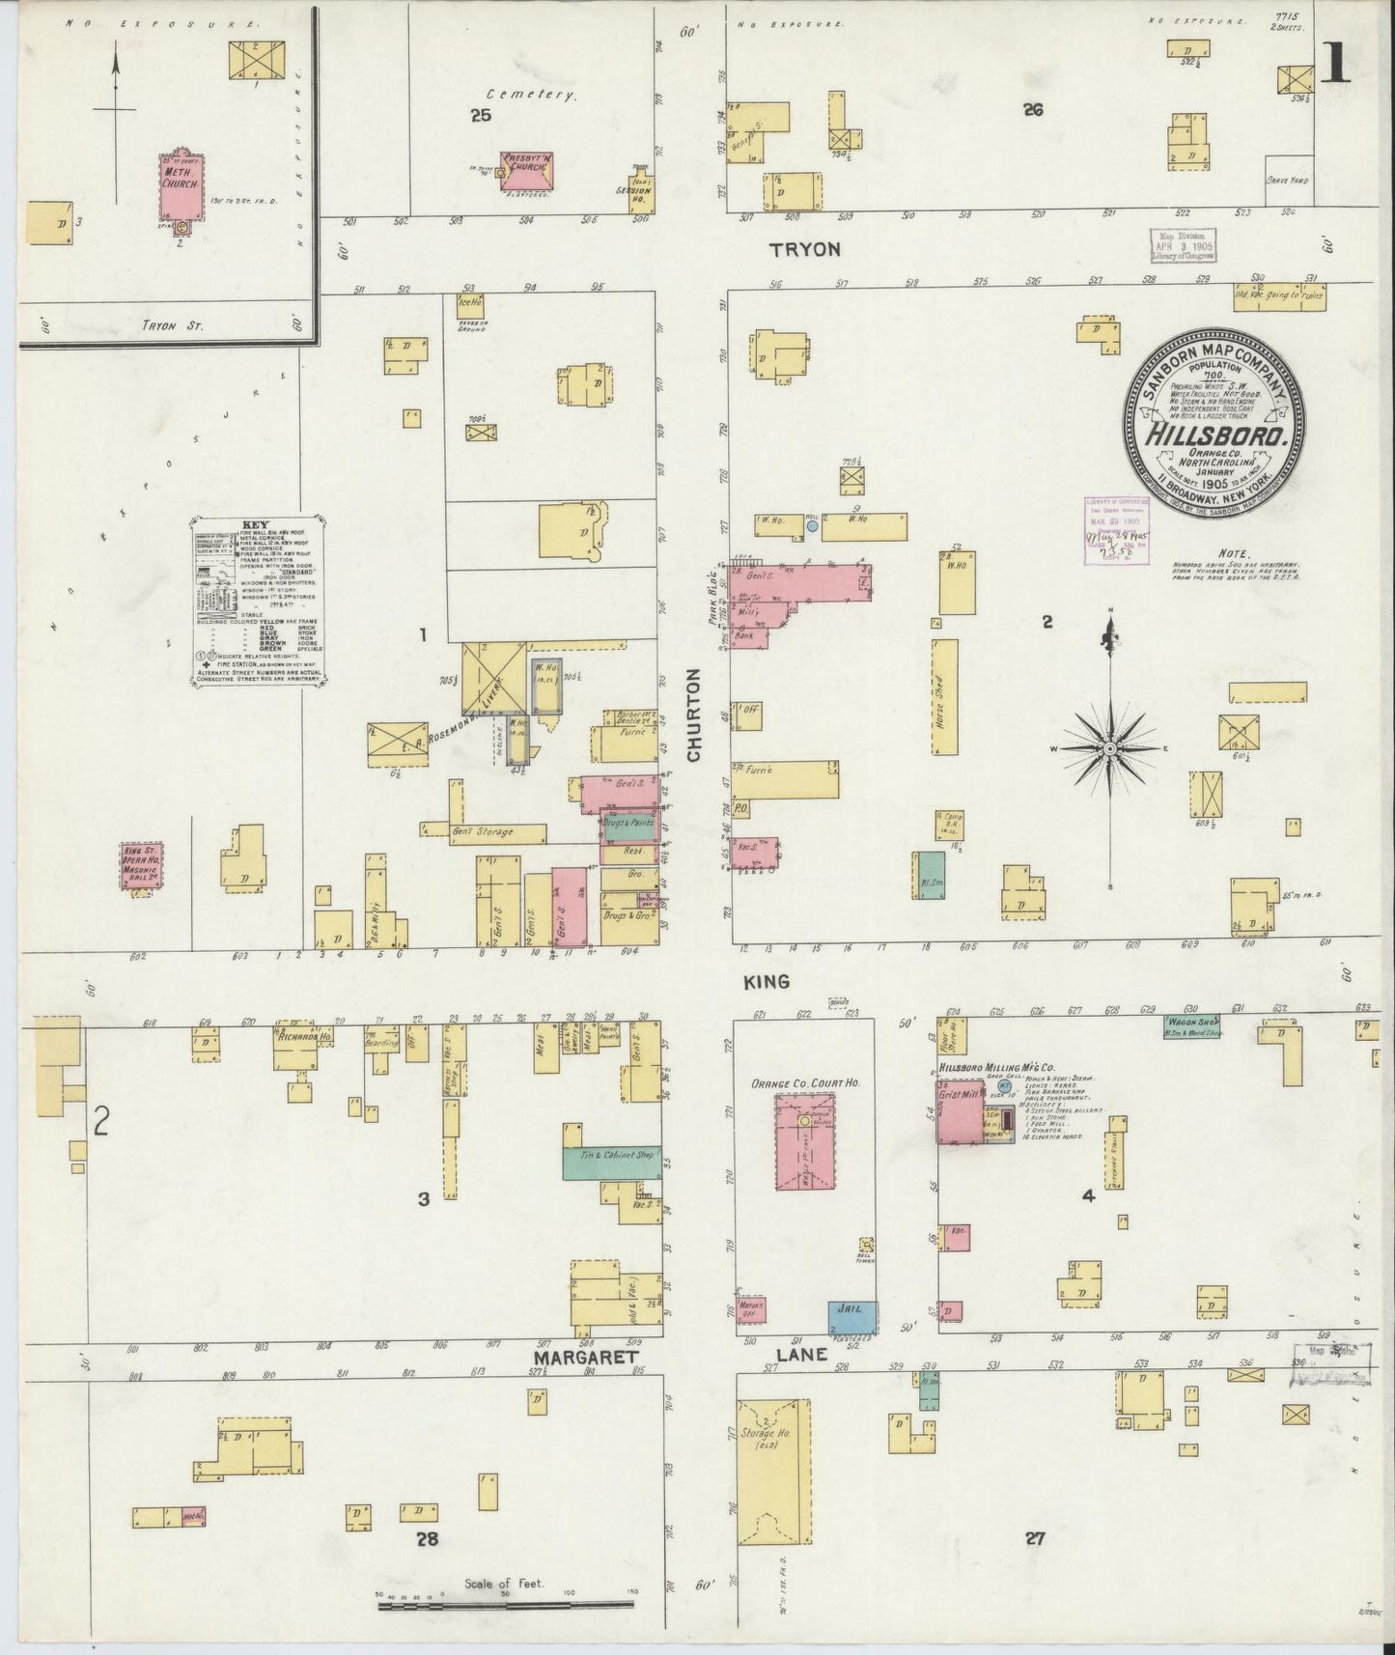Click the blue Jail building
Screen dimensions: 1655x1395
coord(852,1316)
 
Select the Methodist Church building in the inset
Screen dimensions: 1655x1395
coord(181,184)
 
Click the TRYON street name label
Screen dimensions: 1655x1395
coord(804,249)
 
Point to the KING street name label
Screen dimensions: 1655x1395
coord(767,981)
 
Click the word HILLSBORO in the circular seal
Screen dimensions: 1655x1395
coord(1216,435)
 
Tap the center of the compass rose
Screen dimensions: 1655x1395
coord(1110,748)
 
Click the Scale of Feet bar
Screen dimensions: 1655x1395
coord(505,1606)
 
